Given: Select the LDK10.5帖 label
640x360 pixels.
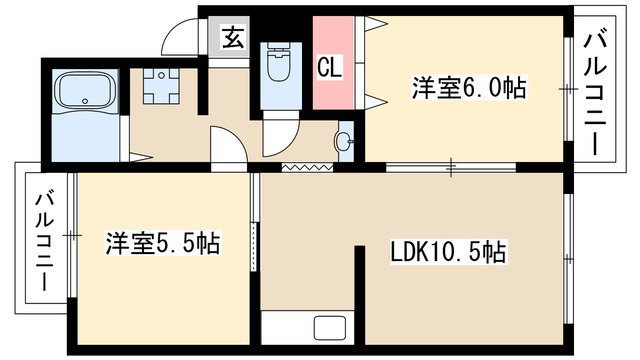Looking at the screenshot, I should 447,253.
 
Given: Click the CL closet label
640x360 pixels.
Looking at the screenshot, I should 330,68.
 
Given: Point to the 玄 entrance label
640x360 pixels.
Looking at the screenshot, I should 232,39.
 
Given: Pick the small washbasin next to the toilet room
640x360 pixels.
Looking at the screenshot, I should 345,141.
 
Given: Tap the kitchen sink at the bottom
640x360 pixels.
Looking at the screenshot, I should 326,328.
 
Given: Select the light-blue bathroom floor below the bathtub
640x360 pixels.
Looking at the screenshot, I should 82,140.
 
